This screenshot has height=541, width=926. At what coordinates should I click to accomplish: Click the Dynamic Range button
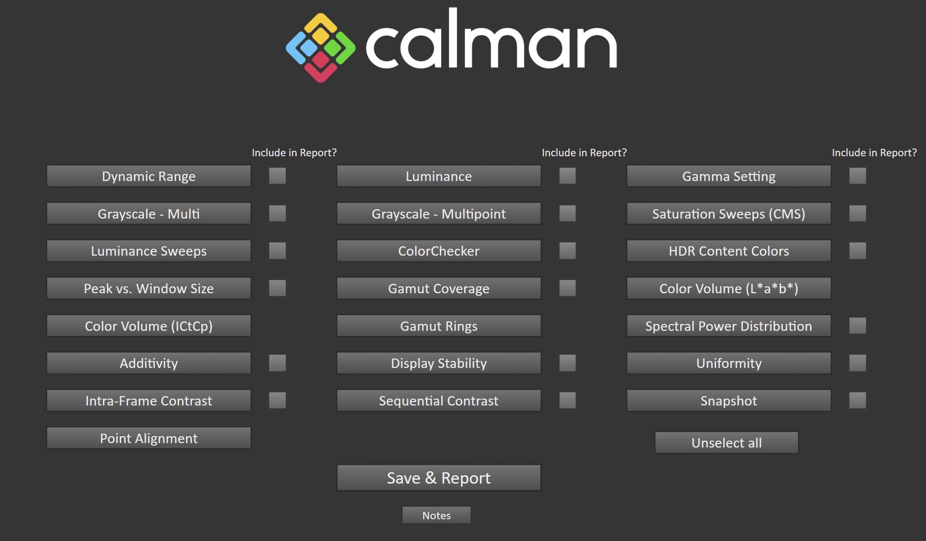148,177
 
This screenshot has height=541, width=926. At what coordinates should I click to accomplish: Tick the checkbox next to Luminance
567,176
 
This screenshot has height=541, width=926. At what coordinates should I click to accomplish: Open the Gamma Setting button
729,177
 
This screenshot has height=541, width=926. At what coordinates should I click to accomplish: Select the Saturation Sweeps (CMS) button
729,214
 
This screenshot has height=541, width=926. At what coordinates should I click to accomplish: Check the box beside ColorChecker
567,251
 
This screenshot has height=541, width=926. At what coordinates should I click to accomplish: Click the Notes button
436,515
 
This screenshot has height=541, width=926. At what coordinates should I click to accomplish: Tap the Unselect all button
726,443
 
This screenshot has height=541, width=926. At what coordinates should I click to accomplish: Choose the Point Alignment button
148,438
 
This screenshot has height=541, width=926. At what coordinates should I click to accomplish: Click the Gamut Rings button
439,326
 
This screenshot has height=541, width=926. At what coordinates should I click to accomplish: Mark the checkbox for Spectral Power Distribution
857,326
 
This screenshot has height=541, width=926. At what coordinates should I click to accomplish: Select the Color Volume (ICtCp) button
148,326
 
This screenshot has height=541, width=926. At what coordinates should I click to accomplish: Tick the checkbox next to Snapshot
857,401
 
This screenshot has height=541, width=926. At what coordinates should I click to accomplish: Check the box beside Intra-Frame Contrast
278,401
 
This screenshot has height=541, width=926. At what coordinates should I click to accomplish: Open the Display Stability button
439,363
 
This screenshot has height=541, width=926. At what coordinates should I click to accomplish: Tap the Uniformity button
729,363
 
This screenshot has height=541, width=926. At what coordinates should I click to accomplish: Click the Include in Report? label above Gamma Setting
874,153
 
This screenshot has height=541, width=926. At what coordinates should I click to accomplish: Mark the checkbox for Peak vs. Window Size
278,288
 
